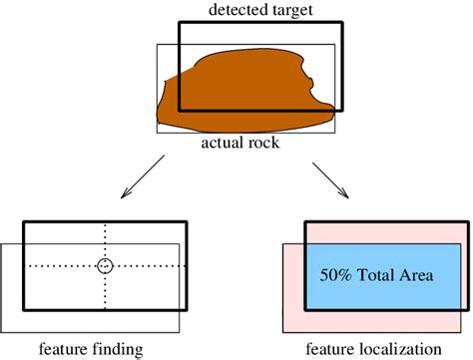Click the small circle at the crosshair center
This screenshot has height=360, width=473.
coord(105,266)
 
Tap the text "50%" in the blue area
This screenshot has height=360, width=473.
coord(334,271)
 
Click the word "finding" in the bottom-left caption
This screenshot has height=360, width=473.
coord(115,349)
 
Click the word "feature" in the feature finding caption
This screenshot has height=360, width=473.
coord(62,349)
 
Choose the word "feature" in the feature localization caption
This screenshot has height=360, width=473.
coord(330,349)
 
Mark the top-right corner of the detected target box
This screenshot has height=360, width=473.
coord(342,20)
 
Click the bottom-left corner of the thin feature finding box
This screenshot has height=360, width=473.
coord(1,332)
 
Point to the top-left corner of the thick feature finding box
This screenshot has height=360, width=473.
coord(24,221)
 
